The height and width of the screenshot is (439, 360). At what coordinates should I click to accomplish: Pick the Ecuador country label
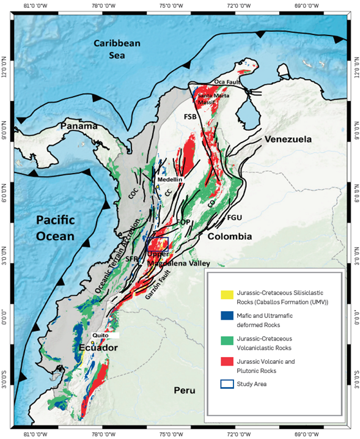97,347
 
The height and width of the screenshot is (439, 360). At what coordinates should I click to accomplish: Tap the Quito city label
102,336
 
